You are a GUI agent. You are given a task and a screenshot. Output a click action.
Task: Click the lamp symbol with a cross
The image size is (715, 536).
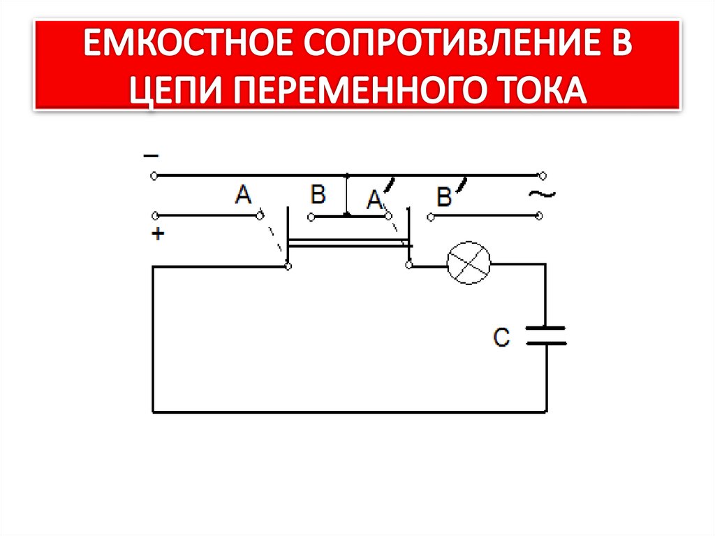point(469,263)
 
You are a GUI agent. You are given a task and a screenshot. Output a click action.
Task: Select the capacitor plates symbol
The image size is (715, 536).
point(546,335)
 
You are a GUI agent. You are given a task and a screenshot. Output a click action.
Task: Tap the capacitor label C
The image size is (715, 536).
point(502,338)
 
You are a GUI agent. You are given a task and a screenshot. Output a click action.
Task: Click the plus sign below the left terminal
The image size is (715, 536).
point(158,235)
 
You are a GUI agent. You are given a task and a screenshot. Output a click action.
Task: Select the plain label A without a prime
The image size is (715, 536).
point(243,195)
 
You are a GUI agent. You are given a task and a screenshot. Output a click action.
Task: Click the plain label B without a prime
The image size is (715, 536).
point(318,194)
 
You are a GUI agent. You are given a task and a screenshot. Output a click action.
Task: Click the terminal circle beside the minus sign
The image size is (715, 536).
point(154,175)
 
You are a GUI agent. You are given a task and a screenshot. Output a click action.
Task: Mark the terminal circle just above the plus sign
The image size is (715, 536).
point(154,215)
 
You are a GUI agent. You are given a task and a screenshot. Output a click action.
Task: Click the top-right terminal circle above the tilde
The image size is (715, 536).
point(542,175)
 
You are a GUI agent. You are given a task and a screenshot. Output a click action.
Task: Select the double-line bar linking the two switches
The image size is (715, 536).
point(349,242)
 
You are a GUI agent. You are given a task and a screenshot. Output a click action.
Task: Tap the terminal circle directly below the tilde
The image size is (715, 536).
point(542,217)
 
